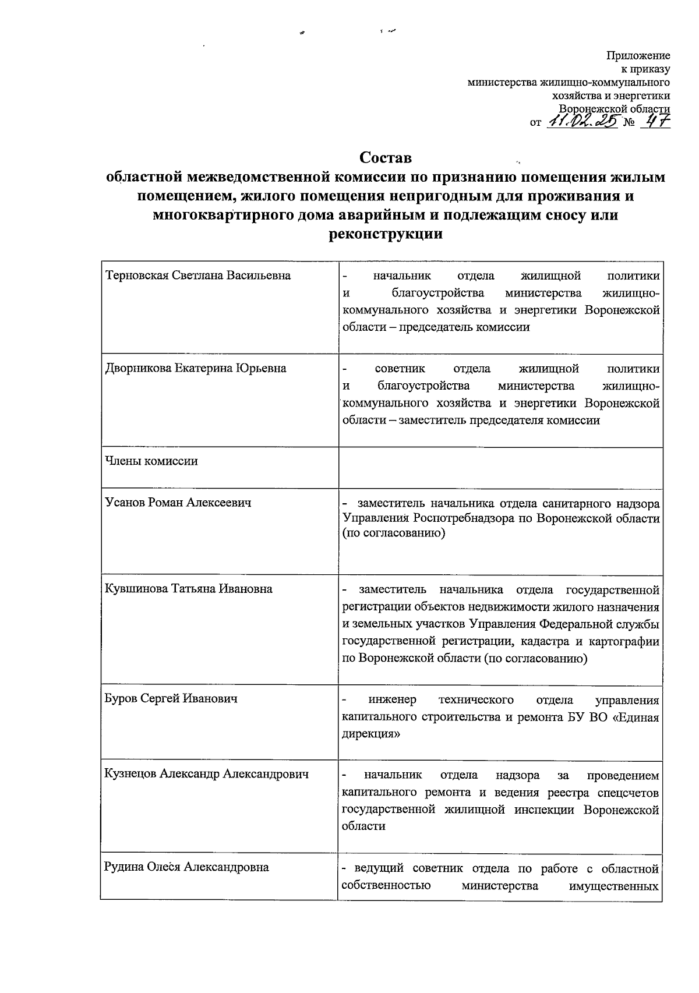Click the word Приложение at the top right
pos(638,56)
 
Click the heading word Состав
pos(385,157)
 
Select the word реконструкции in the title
pos(385,235)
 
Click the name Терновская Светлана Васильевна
pos(197,275)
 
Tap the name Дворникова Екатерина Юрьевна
pos(196,369)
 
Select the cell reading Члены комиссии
pos(151,461)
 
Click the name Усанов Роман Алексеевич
pos(178,502)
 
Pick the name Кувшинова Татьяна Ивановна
pos(189,589)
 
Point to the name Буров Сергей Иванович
pos(171,698)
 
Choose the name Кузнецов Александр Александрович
pos(206,775)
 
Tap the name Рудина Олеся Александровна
pos(186,867)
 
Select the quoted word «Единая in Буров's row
pos(636,717)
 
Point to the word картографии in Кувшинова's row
pos(624,641)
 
